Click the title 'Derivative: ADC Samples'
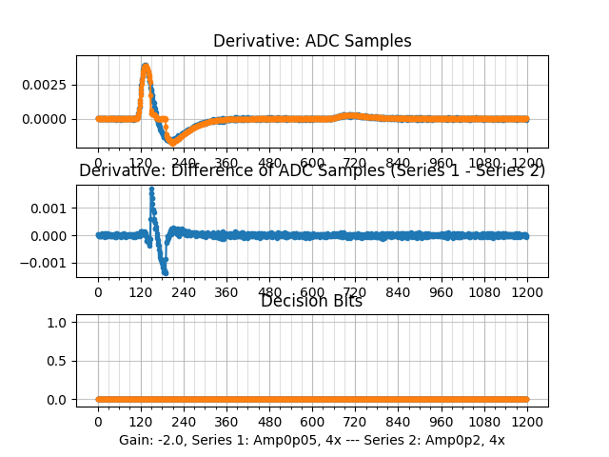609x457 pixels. tap(312, 41)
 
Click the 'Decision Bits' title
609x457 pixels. tap(312, 302)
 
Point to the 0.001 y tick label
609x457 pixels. tap(54, 208)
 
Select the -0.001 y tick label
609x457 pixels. tap(50, 262)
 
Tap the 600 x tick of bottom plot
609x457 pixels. tap(312, 422)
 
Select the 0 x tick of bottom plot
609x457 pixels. tap(98, 422)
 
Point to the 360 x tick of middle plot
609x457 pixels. tap(226, 292)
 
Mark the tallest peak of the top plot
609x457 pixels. tap(146, 66)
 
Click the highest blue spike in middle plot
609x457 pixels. tap(151, 189)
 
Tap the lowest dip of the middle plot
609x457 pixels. tap(165, 272)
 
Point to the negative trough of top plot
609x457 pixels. tap(174, 142)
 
